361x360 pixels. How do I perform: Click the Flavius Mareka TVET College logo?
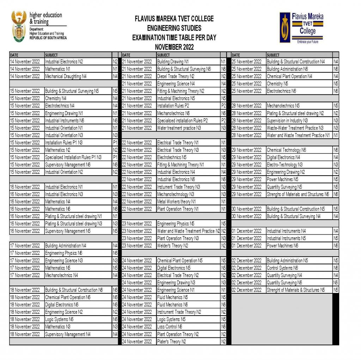coord(301,28)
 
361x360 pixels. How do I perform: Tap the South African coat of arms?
coord(19,26)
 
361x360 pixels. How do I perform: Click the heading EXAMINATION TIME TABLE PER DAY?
coord(174,37)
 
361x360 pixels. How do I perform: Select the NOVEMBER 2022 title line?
coord(174,47)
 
